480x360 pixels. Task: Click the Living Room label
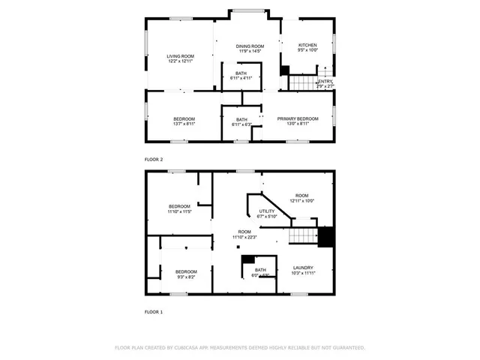point(180,58)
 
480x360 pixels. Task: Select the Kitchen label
point(307,49)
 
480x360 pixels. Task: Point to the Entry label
point(325,83)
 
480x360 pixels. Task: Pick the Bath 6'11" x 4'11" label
point(241,75)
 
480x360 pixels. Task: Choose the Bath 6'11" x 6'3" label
point(241,121)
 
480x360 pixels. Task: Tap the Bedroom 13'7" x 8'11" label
point(184,121)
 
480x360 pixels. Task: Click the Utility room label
point(267,214)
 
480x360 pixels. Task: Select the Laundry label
point(303,270)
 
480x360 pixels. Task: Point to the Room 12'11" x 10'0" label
point(301,198)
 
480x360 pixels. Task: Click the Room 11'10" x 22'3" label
point(244,234)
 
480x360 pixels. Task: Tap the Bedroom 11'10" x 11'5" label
point(179,209)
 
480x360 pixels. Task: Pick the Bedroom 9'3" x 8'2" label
point(186,274)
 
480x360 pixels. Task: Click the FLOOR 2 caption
point(153,160)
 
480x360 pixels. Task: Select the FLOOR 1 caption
point(153,311)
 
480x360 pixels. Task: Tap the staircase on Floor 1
point(304,236)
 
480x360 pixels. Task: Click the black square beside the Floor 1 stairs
point(325,236)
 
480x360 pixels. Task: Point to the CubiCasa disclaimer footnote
point(239,347)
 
